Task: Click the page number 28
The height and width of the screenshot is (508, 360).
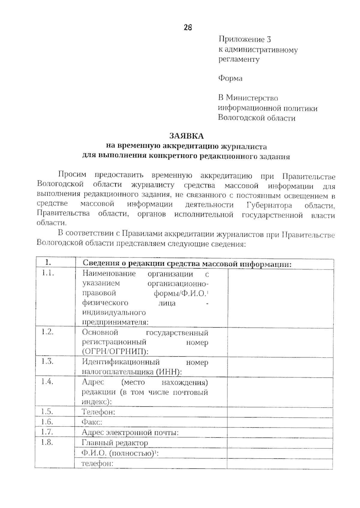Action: click(188, 28)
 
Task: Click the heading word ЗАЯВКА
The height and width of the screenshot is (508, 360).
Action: click(186, 136)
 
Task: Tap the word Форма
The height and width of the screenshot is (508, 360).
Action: click(230, 79)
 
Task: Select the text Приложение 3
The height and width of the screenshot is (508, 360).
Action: click(245, 39)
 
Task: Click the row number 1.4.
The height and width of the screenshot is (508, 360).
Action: click(47, 382)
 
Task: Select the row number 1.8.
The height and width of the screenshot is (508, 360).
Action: click(47, 442)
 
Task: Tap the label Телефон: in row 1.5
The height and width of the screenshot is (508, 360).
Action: click(98, 412)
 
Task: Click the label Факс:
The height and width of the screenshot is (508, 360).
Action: click(92, 422)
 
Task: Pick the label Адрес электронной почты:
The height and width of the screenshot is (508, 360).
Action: click(130, 432)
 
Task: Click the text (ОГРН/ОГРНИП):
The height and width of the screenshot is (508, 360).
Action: click(115, 352)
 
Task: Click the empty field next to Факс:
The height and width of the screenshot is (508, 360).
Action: click(280, 422)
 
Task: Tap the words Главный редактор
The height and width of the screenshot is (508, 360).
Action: click(115, 443)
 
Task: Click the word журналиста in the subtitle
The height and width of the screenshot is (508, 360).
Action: click(244, 147)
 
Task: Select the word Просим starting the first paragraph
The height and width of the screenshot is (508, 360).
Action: click(72, 174)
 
